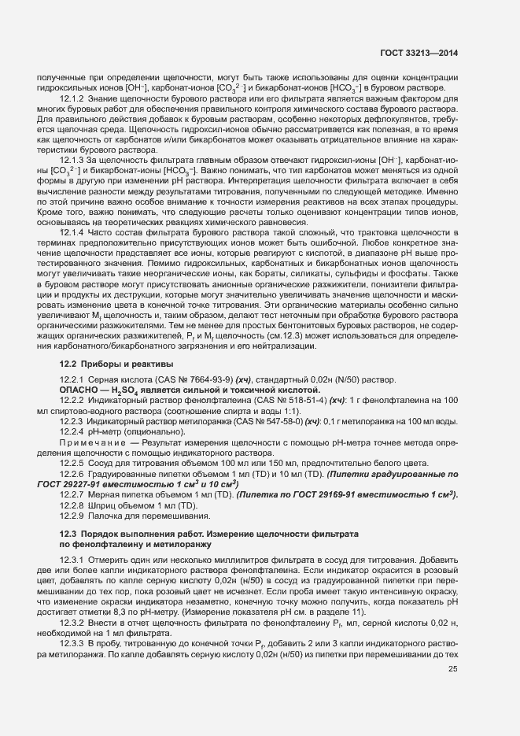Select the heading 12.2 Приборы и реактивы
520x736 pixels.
(110, 364)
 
